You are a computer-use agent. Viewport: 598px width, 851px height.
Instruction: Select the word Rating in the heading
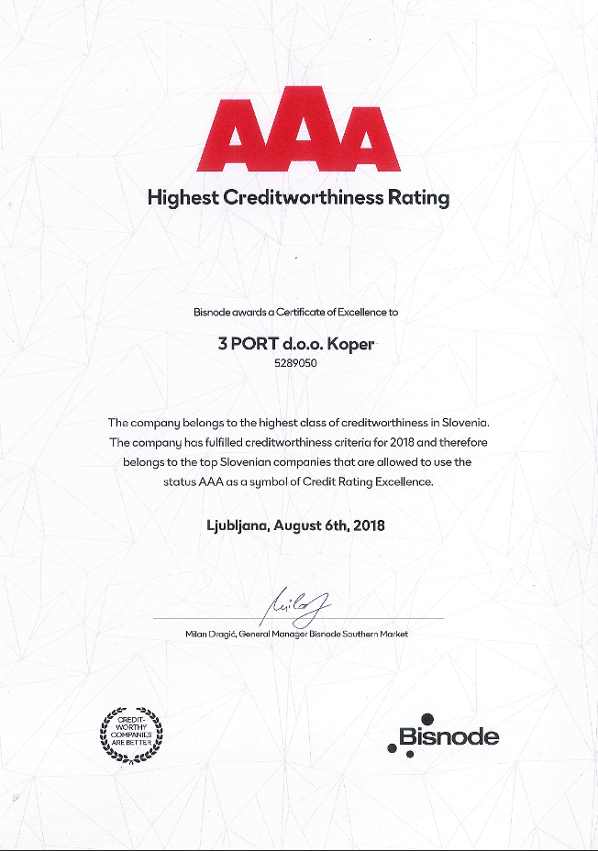[x=419, y=198]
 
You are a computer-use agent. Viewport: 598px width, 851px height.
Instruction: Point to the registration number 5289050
[x=297, y=363]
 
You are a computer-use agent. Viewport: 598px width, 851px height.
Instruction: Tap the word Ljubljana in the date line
[x=238, y=526]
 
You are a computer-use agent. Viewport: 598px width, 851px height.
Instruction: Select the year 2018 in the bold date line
[x=367, y=526]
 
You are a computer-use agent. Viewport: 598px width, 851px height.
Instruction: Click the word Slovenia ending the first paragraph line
[x=467, y=423]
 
